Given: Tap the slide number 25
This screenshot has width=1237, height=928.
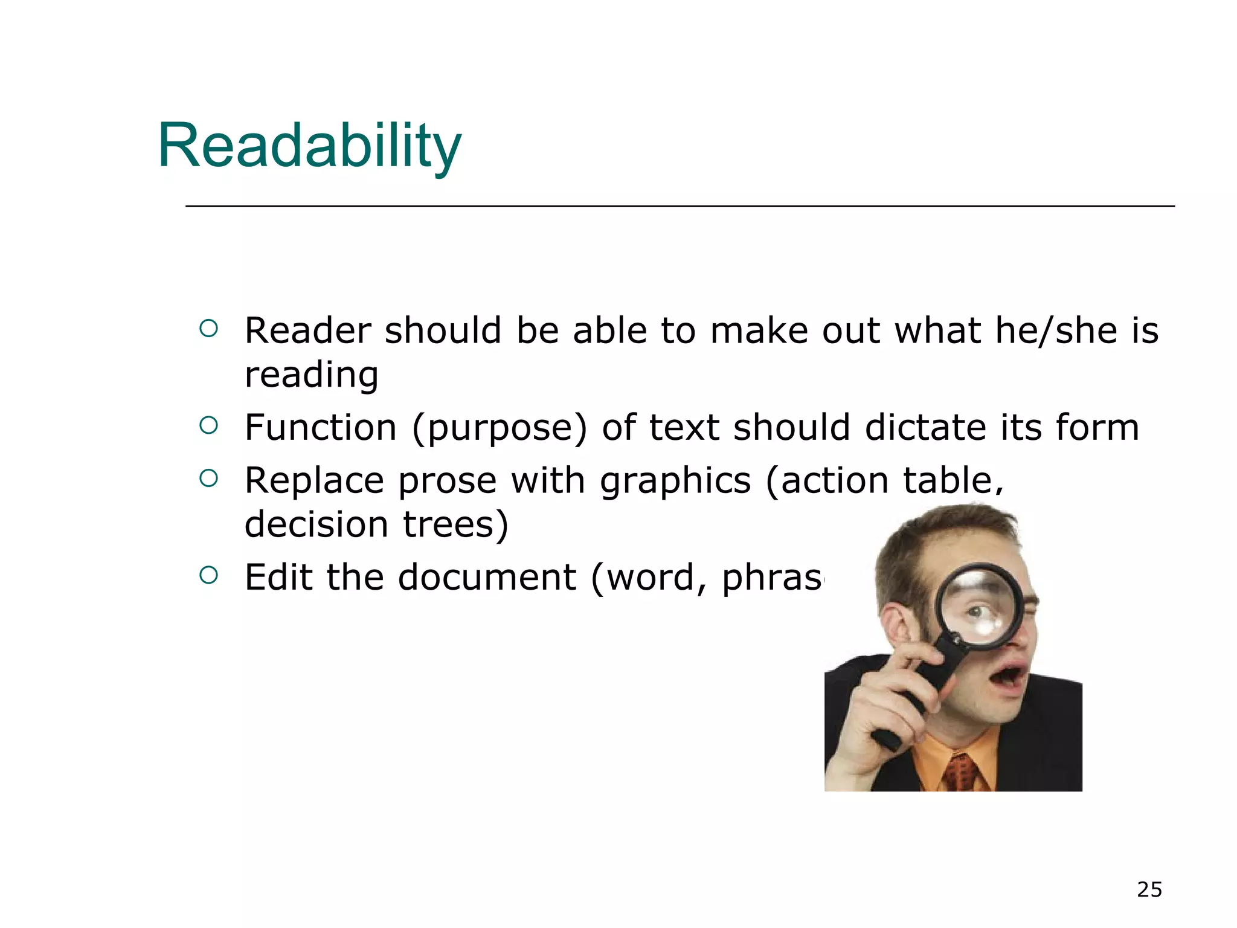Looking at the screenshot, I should [1149, 890].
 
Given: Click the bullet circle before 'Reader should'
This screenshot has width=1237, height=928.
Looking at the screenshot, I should [208, 329].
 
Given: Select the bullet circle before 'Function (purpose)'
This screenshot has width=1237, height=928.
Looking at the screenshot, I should [208, 426].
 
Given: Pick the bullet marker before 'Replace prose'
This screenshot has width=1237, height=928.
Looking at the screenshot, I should [208, 479].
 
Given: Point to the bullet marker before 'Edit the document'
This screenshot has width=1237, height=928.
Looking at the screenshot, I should [208, 575].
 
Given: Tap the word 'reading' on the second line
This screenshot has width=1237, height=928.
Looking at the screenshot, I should [311, 375].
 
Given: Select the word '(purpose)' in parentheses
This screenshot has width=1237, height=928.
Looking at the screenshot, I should [499, 428].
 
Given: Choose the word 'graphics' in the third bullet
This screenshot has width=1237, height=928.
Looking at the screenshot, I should [675, 482].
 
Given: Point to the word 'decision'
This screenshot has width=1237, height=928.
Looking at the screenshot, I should [316, 524].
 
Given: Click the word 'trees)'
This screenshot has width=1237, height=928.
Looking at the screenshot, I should [456, 524].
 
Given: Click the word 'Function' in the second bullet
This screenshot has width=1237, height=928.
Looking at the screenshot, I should [320, 427].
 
